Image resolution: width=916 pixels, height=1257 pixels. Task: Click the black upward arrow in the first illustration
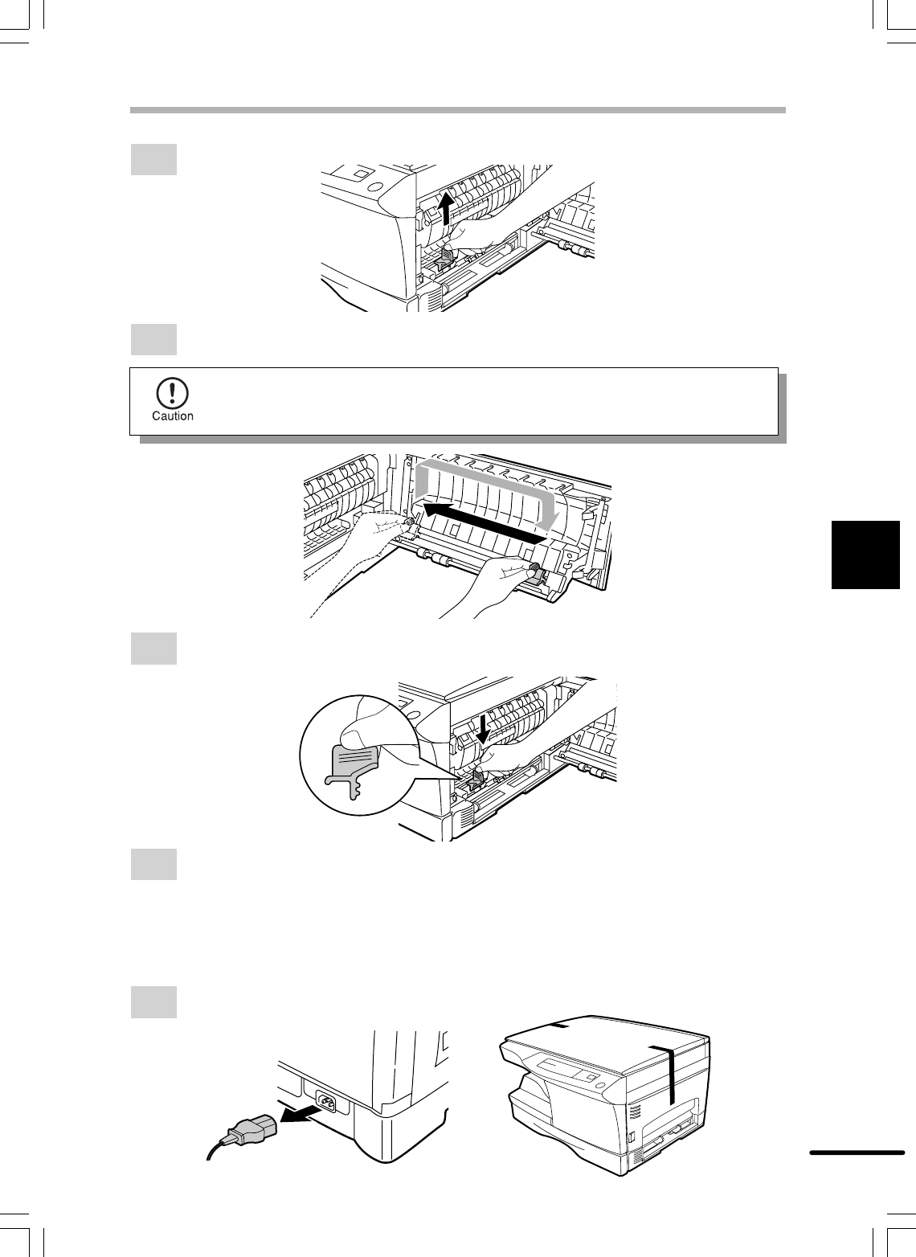445,207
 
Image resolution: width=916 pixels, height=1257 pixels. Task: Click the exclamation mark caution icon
172,393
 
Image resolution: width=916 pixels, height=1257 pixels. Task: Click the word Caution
172,416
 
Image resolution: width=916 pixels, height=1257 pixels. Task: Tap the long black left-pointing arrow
485,523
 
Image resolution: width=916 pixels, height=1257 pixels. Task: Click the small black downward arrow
482,729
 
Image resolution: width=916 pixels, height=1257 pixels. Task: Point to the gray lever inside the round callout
353,768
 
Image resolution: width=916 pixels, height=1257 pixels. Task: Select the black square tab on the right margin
865,555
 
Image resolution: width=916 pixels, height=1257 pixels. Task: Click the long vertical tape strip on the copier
670,1075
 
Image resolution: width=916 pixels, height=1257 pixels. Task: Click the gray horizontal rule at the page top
458,110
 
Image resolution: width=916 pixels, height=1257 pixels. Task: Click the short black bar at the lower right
857,1153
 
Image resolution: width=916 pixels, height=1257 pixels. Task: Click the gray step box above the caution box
153,339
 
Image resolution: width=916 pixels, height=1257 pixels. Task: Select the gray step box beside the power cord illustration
153,1001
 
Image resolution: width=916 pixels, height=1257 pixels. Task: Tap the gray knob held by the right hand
537,574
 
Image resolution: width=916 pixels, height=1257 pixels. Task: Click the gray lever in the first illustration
445,257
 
